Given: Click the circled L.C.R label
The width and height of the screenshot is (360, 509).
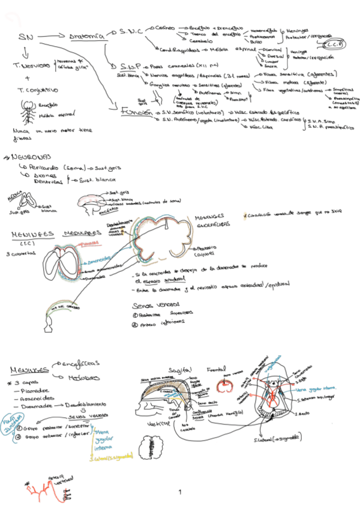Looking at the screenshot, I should click(333, 44).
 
